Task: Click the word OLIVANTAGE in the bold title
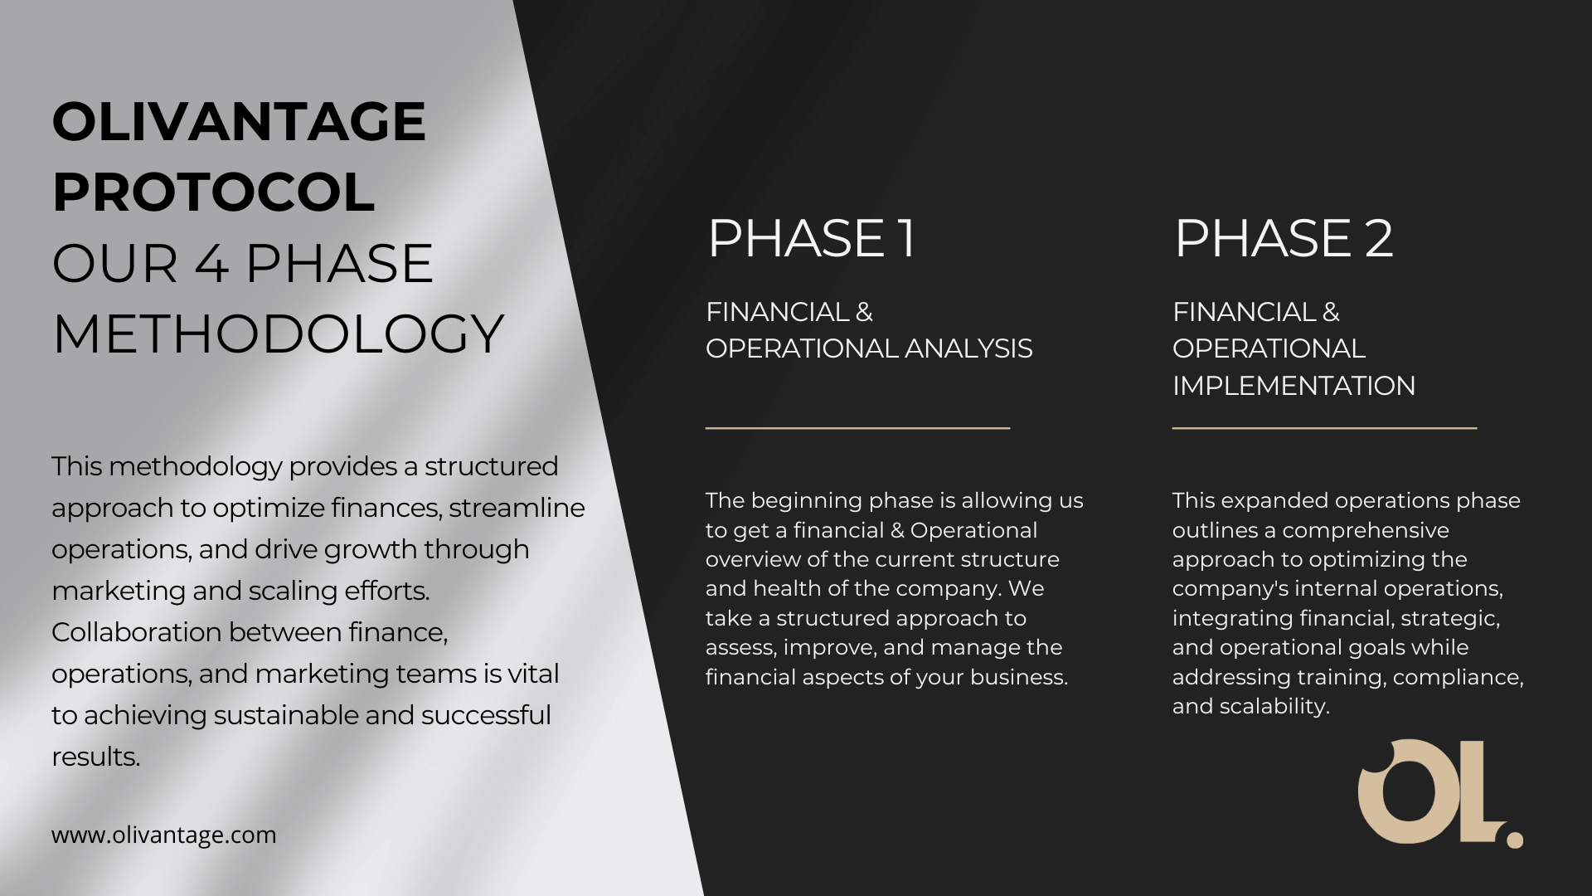239,121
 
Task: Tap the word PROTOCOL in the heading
214,192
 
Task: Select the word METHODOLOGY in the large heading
279,334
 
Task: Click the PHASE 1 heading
812,238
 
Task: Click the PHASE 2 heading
1284,238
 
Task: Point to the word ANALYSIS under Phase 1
968,348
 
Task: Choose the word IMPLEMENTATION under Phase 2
1293,386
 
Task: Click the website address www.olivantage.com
164,835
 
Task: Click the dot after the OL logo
1515,840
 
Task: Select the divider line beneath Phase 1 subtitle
857,428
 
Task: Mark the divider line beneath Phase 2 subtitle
1324,428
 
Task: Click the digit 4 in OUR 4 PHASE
211,264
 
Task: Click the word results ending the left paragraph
96,757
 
